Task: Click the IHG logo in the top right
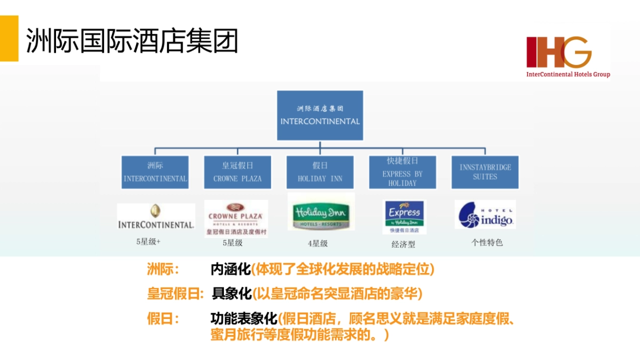click(x=567, y=56)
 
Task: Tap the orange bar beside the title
click(x=9, y=38)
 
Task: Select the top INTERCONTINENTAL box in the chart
click(x=320, y=115)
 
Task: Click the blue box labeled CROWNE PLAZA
click(x=237, y=172)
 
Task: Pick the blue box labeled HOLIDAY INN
click(x=320, y=172)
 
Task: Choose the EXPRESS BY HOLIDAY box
click(x=403, y=172)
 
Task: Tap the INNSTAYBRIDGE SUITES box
click(x=485, y=172)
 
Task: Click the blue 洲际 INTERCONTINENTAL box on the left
click(x=155, y=172)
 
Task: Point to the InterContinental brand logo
click(x=156, y=217)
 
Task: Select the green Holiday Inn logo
click(x=321, y=213)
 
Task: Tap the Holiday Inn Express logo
click(x=404, y=217)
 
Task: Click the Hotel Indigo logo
click(x=485, y=214)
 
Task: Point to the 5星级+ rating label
click(x=148, y=242)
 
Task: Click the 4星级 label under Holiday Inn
click(x=318, y=243)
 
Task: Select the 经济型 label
click(x=403, y=244)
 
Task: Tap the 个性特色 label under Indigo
click(x=487, y=242)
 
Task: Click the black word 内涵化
click(x=230, y=269)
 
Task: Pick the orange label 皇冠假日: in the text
click(x=175, y=293)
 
